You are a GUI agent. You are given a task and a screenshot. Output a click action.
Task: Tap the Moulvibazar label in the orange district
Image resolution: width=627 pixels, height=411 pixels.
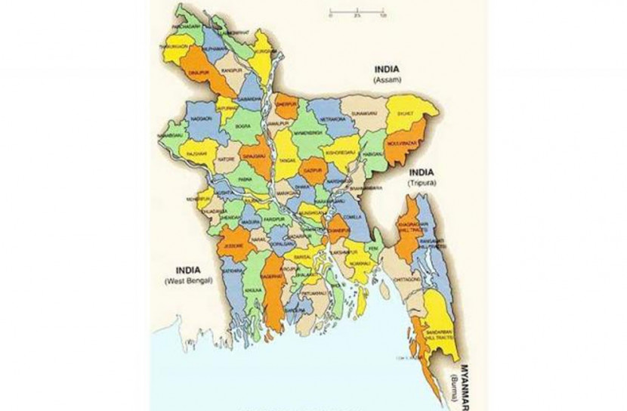403,141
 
